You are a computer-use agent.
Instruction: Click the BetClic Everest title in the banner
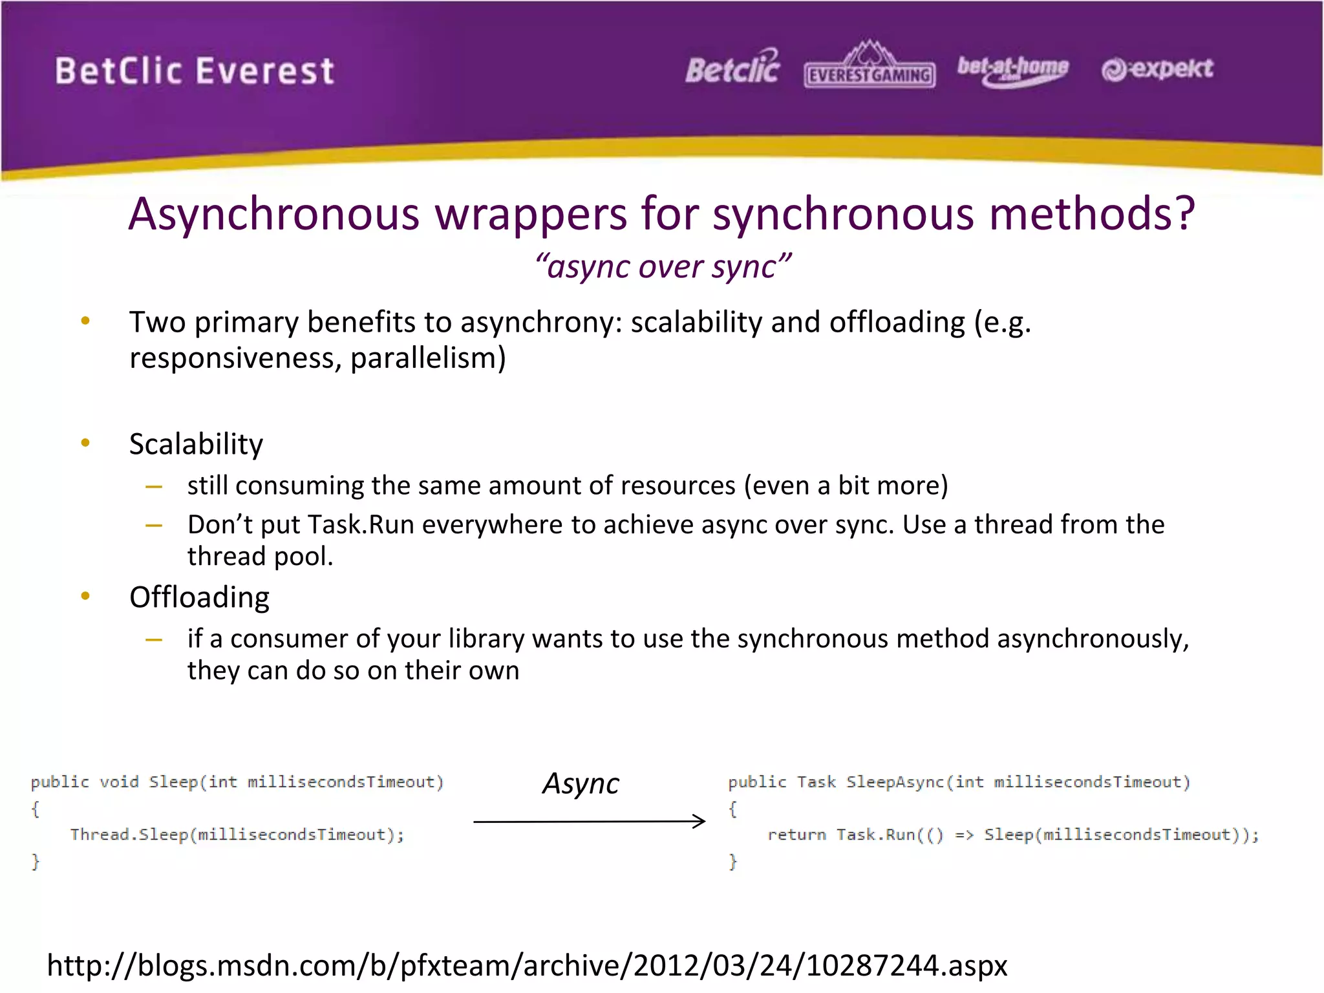(194, 70)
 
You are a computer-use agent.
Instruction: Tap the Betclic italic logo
(733, 68)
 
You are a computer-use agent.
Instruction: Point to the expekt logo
(1157, 69)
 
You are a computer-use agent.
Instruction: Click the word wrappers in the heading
(531, 214)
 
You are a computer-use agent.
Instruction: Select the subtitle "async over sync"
(663, 266)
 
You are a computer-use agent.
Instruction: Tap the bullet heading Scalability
(196, 444)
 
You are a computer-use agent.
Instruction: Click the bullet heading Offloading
(199, 597)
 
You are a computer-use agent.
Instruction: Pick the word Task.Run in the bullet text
(360, 524)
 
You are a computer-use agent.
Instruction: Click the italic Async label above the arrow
(581, 784)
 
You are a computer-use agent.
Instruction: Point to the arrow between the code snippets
(589, 821)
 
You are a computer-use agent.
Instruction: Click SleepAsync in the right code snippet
(895, 782)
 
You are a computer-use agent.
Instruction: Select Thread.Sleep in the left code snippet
(129, 835)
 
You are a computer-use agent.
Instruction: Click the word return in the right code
(796, 835)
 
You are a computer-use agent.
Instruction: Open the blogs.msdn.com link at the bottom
(527, 965)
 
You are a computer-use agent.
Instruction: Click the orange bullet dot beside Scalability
(85, 443)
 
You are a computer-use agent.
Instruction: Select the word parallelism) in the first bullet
(428, 358)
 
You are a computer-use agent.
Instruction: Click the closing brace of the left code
(36, 861)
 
